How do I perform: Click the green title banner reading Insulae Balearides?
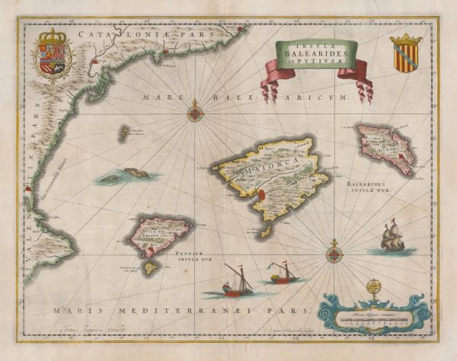(x=309, y=55)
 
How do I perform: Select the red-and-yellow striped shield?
(x=405, y=54)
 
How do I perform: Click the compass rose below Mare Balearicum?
(x=196, y=113)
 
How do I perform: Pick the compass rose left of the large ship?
(x=334, y=251)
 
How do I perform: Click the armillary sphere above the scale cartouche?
(x=372, y=289)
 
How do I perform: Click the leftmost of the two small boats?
(x=236, y=283)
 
